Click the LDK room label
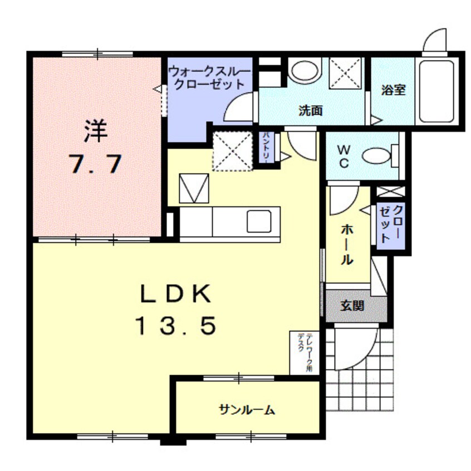tap(174, 293)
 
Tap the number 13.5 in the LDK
tap(174, 326)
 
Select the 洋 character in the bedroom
tap(95, 133)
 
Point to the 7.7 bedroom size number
tap(95, 164)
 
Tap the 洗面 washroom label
tap(310, 110)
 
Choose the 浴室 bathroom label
tap(393, 90)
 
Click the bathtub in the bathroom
tap(438, 92)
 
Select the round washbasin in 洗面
tap(304, 71)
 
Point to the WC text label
tap(344, 156)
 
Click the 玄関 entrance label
tap(352, 306)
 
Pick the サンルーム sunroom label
tap(247, 410)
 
